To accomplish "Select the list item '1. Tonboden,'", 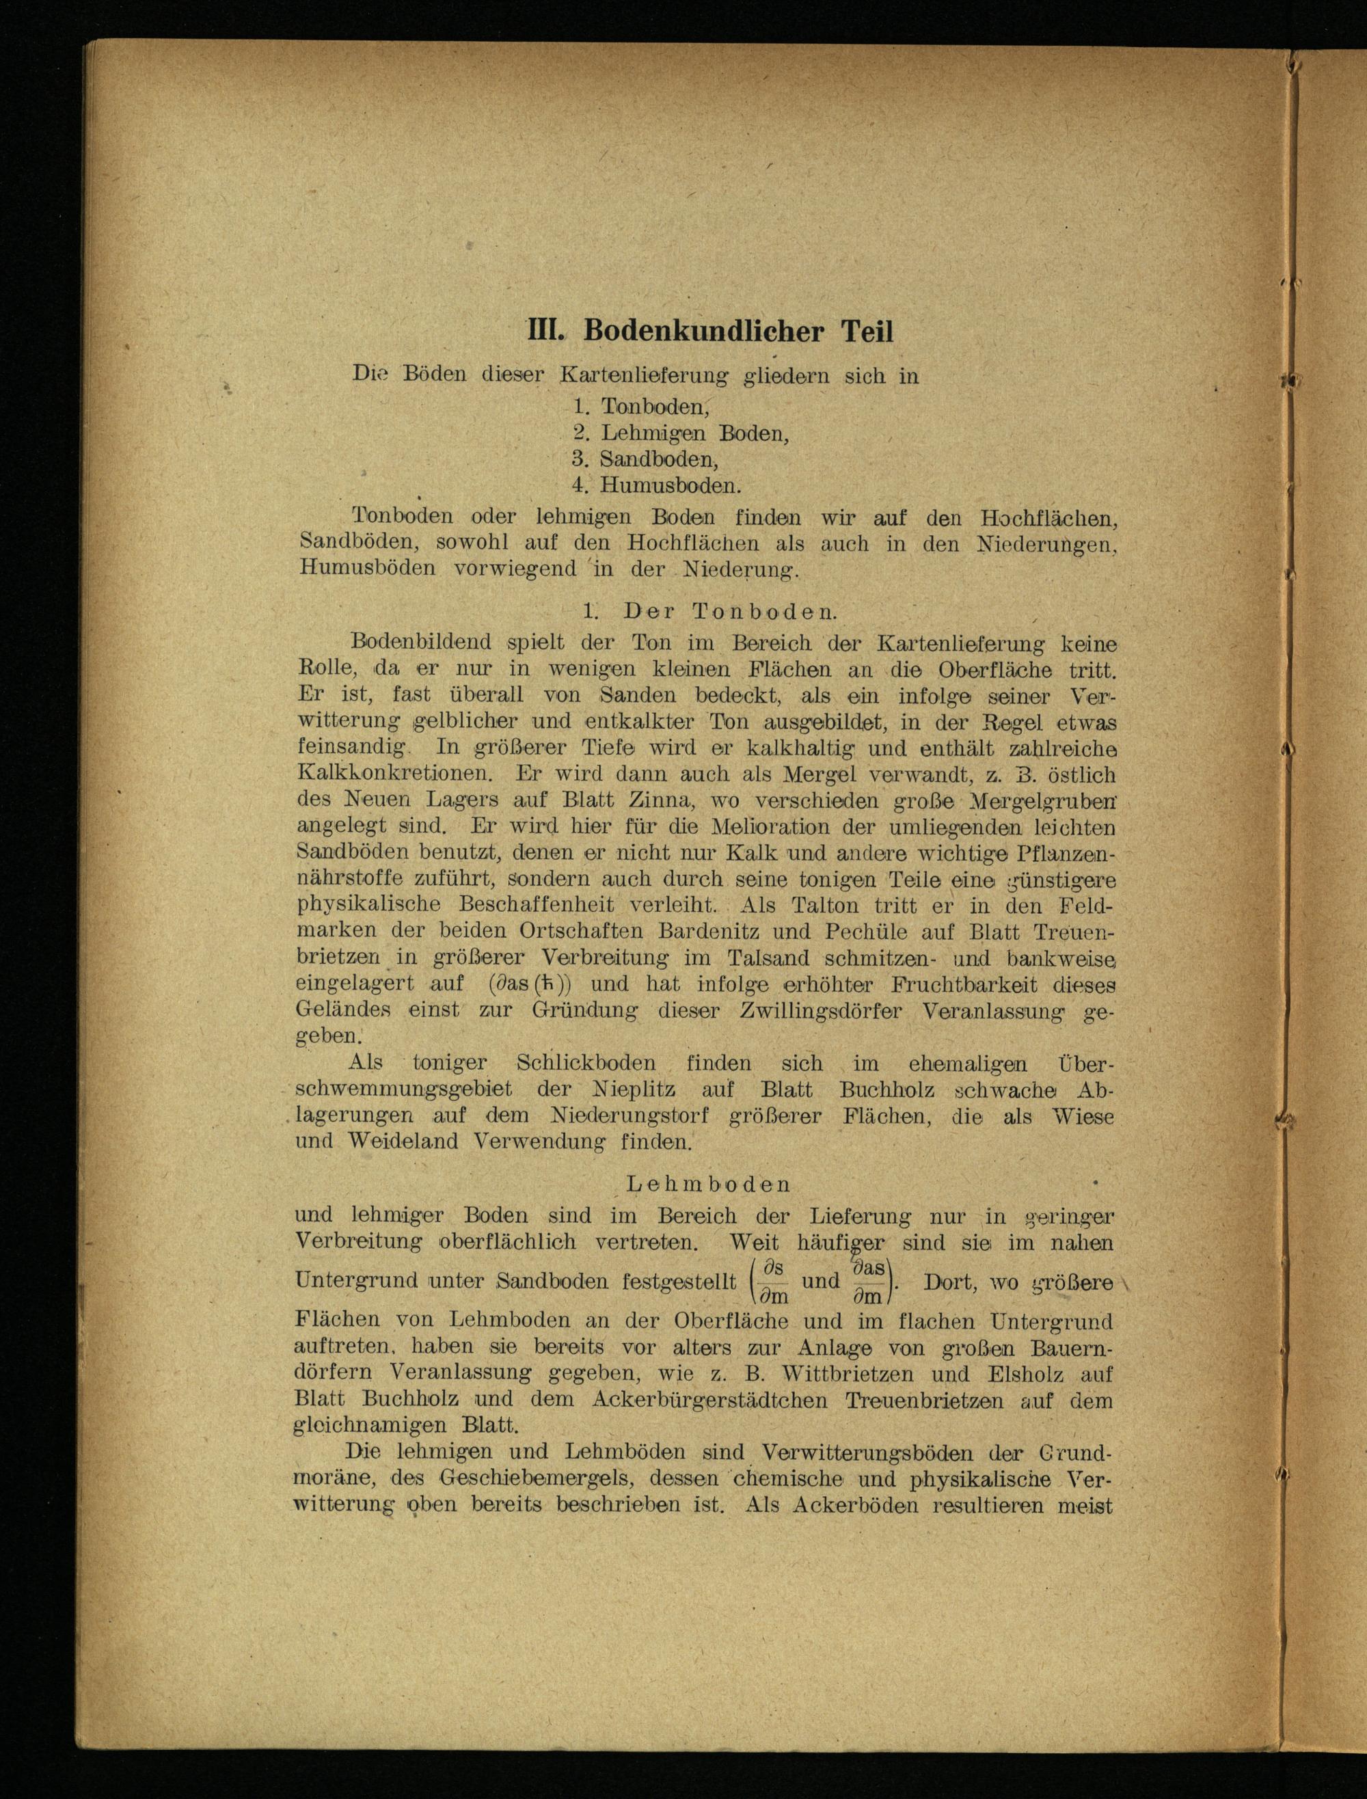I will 642,406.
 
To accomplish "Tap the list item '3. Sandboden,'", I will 645,459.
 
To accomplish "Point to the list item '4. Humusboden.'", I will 657,486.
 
